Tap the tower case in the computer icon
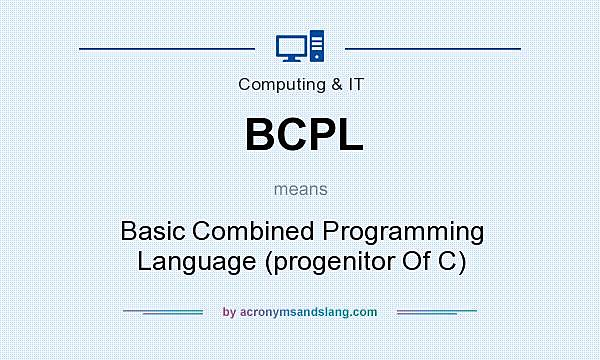pos(317,46)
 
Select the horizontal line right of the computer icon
pos(432,47)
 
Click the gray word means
pos(300,188)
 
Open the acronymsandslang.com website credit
pos(308,312)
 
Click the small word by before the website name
pos(229,312)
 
